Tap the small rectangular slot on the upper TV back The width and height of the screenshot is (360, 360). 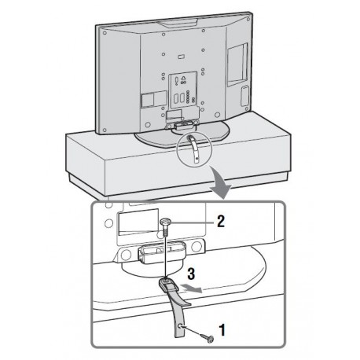(180, 57)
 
